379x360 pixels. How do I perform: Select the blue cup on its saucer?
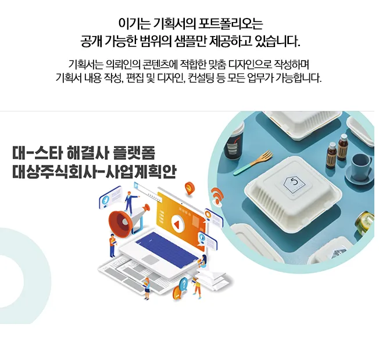click(362, 163)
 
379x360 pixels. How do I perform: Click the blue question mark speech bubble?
click(184, 284)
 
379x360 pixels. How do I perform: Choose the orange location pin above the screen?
click(189, 187)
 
